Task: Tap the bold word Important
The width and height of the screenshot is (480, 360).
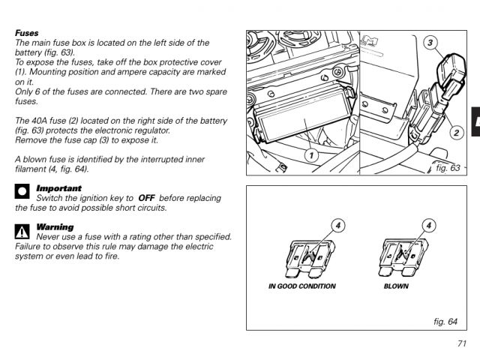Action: coord(59,187)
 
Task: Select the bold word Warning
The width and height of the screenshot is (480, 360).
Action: coord(55,226)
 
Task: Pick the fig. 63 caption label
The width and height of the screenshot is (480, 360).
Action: coord(448,168)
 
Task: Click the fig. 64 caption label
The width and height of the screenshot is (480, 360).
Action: coord(445,321)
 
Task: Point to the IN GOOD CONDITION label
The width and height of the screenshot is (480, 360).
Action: coord(302,286)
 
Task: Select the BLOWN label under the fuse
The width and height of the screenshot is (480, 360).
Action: coord(396,286)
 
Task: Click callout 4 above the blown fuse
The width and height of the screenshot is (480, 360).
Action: coord(429,224)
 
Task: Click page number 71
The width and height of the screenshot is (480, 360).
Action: coord(461,343)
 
